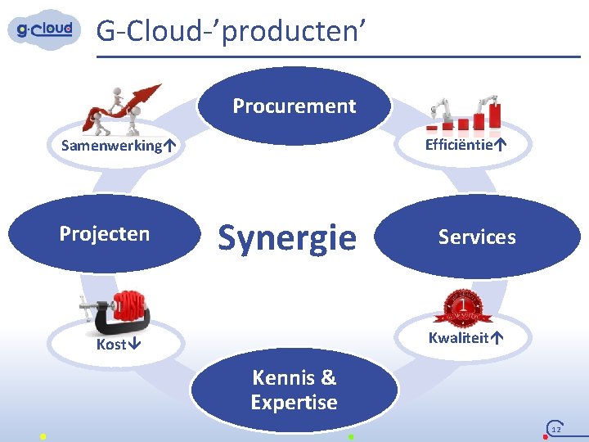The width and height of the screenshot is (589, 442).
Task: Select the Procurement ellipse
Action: point(294,106)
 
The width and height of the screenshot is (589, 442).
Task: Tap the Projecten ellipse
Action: point(105,234)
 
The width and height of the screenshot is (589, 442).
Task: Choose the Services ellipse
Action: point(477,237)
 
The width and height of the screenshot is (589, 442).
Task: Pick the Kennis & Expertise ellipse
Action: point(294,390)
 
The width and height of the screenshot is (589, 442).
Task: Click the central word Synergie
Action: point(287,237)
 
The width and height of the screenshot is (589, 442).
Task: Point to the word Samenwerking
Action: point(111,146)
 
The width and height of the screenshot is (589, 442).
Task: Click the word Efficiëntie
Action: point(459,145)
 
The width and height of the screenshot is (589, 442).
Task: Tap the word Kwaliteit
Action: point(458,337)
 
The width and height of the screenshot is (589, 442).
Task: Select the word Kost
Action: point(111,345)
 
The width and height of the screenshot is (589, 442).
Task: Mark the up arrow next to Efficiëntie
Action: point(500,145)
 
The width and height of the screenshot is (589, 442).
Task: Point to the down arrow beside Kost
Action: point(134,345)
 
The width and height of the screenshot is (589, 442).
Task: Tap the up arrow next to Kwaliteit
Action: point(497,337)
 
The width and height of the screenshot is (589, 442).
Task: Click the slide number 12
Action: point(556,429)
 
